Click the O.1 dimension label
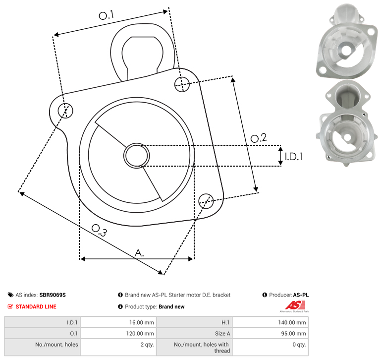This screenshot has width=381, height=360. click(107, 15)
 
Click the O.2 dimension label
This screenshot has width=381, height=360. click(259, 138)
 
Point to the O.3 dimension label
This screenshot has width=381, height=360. click(99, 230)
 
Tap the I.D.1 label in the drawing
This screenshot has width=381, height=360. click(294, 157)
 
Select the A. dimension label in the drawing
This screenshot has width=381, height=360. click(139, 253)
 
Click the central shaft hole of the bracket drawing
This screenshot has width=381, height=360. click(137, 156)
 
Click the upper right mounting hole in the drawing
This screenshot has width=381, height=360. click(182, 84)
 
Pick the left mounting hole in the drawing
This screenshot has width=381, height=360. click(65, 111)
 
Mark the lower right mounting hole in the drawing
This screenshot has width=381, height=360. click(206, 201)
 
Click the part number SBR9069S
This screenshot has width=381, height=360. click(53, 295)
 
